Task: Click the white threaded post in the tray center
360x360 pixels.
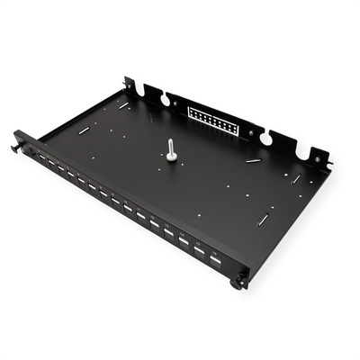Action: (x=171, y=150)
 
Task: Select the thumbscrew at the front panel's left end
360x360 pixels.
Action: (x=17, y=143)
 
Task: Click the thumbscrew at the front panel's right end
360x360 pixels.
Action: (x=239, y=282)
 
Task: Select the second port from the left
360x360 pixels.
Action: (x=42, y=160)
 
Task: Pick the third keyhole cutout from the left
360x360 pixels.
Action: (x=266, y=137)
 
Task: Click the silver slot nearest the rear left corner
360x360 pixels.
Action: (x=123, y=106)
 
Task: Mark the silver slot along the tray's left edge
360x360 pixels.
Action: (x=83, y=129)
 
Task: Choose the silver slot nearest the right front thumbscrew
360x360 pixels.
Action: (x=262, y=220)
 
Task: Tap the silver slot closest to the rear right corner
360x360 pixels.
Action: (x=295, y=178)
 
